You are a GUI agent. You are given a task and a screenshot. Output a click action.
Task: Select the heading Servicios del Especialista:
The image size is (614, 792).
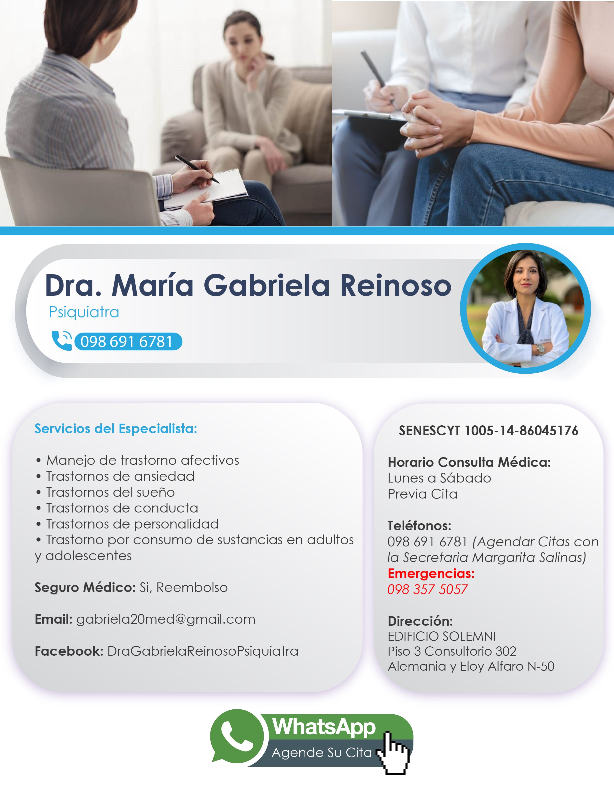116,429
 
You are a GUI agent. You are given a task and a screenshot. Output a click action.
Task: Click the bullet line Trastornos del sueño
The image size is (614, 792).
110,492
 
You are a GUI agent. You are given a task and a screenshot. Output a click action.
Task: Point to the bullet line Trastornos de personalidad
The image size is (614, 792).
132,524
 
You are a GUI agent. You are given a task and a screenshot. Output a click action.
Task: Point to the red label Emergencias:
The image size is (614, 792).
431,573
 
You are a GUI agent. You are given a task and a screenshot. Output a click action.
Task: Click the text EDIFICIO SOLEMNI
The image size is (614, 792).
442,636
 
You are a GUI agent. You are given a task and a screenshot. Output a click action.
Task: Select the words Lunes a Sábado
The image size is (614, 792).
439,478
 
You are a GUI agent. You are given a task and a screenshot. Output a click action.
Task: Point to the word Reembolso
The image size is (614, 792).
192,587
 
